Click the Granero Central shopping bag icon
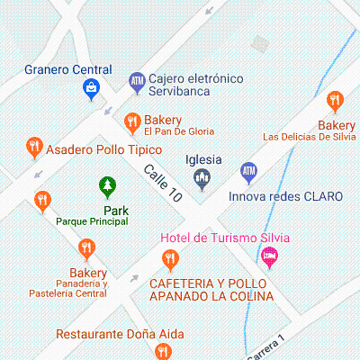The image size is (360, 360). click(91, 87)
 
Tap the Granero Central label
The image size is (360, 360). click(68, 69)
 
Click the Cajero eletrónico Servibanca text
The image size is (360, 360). click(196, 85)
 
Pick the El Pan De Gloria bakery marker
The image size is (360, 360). click(132, 121)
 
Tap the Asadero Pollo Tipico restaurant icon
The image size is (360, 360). click(34, 145)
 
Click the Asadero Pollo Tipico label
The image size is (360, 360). click(103, 149)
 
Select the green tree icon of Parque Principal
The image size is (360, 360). click(107, 186)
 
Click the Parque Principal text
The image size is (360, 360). click(92, 220)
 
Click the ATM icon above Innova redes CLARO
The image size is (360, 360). click(248, 171)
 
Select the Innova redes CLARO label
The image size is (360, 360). click(286, 195)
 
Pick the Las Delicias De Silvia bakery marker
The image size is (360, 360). click(335, 101)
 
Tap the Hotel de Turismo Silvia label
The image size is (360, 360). click(225, 238)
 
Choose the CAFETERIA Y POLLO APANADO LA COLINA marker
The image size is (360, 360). click(169, 260)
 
